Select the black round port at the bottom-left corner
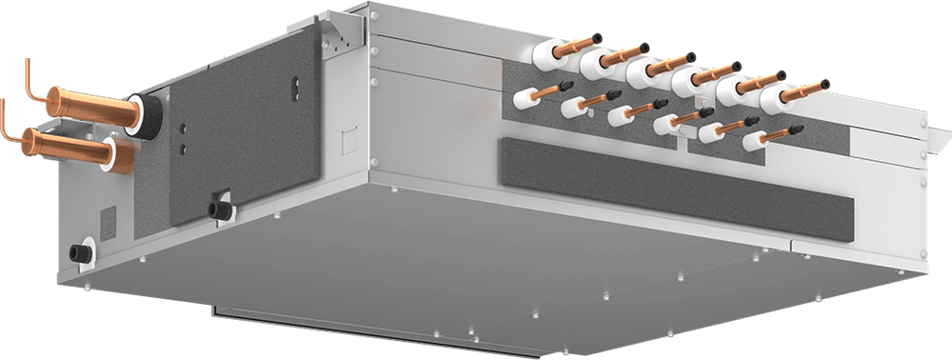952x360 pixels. point(77,252)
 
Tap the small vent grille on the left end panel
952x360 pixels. point(107,223)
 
